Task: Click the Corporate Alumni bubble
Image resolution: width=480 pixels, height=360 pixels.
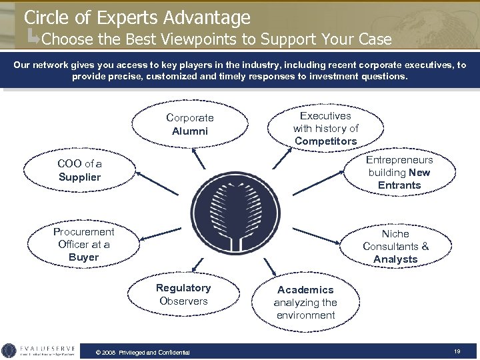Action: pos(190,124)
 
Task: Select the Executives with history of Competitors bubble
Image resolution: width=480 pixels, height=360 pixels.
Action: pos(325,129)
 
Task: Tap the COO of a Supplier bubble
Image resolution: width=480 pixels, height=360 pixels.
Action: pos(79,170)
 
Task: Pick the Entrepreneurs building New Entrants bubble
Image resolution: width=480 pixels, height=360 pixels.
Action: pos(399,173)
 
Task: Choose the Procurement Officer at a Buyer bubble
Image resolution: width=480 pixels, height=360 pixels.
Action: pos(84,244)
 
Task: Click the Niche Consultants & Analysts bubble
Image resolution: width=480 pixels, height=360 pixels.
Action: pos(396,246)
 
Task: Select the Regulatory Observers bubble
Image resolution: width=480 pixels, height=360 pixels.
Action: pos(183,295)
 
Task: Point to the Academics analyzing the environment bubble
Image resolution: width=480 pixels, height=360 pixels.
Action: pos(305,302)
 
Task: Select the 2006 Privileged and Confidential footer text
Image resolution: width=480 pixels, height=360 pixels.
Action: pos(143,352)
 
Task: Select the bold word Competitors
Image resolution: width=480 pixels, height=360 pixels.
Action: pos(326,141)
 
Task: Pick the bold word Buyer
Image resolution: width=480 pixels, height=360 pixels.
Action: pos(83,257)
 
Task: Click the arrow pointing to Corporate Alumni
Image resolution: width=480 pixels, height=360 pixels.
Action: pos(198,158)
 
